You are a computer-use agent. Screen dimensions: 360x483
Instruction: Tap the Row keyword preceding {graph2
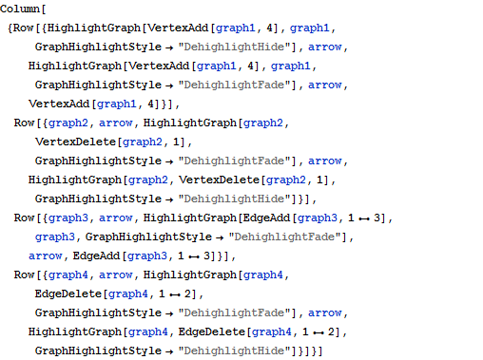click(26, 123)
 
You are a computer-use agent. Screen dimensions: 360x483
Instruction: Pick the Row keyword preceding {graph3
click(26, 218)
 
